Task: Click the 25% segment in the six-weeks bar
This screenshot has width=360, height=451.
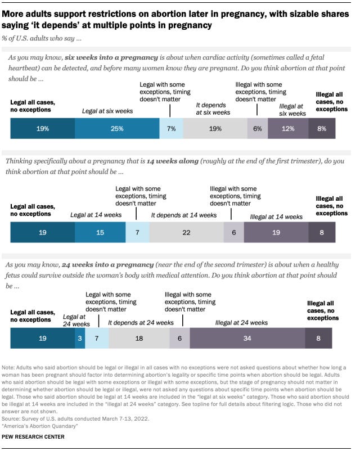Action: click(x=117, y=129)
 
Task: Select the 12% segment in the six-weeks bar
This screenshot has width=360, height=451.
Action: click(x=288, y=129)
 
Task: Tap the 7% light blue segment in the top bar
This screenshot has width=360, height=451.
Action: click(x=171, y=129)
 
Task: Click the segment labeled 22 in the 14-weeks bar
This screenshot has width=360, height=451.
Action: click(x=186, y=232)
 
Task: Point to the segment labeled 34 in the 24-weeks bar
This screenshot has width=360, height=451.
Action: click(x=247, y=339)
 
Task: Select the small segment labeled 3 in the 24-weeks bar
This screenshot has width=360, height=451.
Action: click(x=80, y=339)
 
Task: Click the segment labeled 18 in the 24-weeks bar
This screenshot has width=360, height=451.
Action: click(x=139, y=339)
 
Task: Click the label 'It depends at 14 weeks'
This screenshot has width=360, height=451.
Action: click(x=183, y=215)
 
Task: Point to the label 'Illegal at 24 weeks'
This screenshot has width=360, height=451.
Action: click(x=242, y=323)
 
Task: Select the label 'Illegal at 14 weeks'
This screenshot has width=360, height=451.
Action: click(x=277, y=216)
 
